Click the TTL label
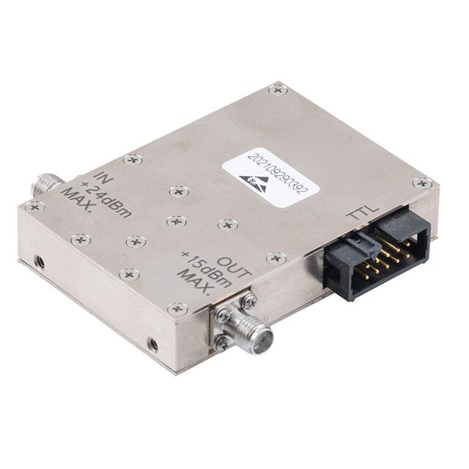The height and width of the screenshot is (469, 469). click(362, 213)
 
